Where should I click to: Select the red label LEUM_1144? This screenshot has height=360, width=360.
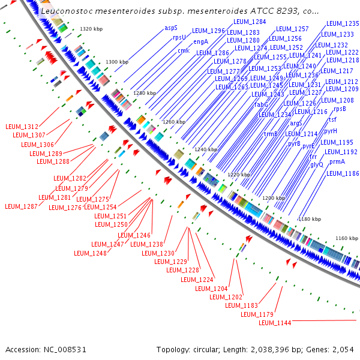275,323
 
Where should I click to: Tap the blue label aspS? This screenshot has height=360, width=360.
171,28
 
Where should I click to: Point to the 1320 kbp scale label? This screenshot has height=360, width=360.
92,29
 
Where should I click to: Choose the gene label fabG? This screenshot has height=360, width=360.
262,104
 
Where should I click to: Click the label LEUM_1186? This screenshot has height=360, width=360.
343,173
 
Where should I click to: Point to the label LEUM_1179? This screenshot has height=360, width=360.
257,314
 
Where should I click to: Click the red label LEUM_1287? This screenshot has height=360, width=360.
22,206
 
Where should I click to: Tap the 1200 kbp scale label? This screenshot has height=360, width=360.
274,198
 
